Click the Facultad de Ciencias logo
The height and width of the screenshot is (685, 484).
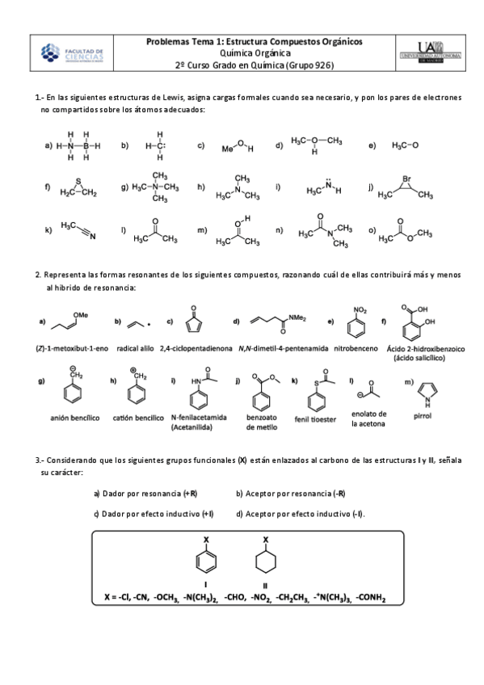(72, 53)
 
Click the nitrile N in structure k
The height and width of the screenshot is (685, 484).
(92, 237)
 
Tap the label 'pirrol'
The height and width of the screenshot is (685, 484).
(423, 417)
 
